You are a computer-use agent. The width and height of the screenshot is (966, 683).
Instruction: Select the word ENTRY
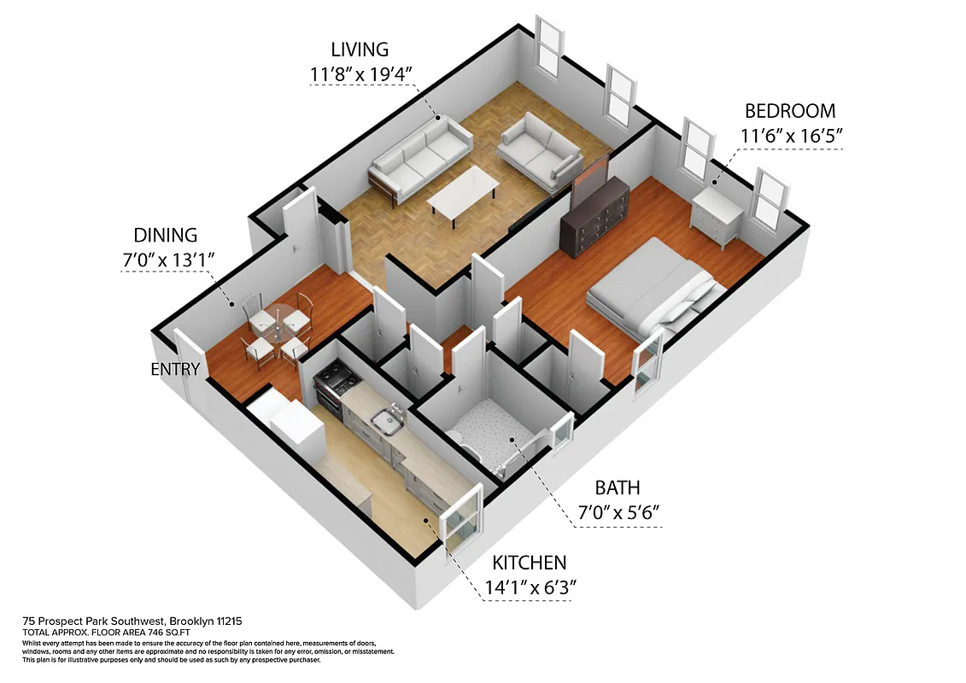pos(175,370)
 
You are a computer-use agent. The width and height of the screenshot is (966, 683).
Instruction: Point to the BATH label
pos(618,487)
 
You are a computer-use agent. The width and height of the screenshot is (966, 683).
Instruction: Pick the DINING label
pos(166,235)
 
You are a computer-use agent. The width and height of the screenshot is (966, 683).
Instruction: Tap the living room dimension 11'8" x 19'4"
pos(362,74)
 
